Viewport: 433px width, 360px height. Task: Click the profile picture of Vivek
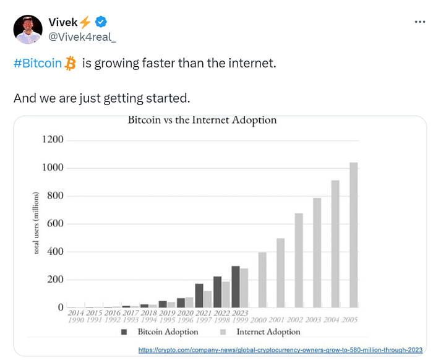28,29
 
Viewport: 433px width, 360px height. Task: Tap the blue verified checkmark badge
101,22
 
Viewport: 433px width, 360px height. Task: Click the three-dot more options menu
420,22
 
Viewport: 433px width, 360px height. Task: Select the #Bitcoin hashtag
38,63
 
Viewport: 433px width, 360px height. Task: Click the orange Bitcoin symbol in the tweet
70,63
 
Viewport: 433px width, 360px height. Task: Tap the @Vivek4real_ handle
82,37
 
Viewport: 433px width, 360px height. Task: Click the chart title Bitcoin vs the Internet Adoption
202,120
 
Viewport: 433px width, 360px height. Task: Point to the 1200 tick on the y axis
53,139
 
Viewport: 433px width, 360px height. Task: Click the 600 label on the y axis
55,223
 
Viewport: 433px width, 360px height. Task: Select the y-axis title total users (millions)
36,223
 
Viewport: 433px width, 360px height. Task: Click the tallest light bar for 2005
353,235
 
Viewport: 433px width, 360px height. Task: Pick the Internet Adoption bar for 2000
262,280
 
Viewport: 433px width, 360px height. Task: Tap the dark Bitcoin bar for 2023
236,287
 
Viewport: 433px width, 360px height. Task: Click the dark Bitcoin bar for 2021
199,296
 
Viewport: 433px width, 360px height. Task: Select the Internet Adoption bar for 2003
317,252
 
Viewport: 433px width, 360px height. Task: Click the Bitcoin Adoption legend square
124,332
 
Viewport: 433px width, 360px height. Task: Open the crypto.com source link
280,350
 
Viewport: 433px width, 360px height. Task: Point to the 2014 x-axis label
76,313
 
